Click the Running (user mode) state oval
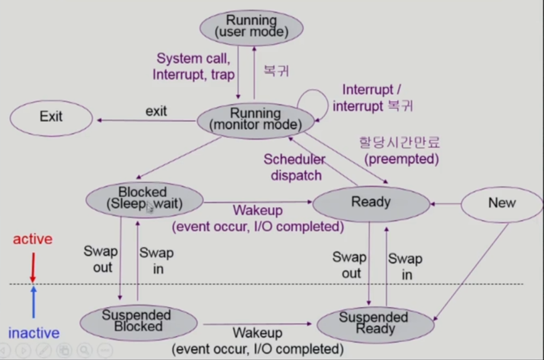251,26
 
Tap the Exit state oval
51,116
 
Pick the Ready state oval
370,203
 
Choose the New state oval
502,203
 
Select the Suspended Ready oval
375,323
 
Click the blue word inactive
33,333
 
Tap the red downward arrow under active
33,267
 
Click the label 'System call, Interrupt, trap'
194,66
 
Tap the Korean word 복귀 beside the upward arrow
276,70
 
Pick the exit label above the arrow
156,111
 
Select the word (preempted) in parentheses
401,159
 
